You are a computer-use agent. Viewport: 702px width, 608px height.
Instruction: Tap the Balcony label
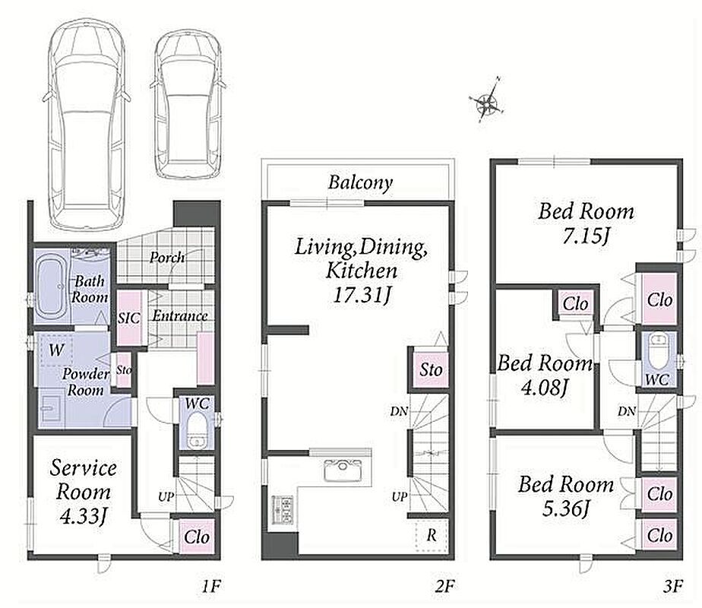(x=360, y=182)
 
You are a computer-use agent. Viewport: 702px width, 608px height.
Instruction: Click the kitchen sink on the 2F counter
(x=343, y=470)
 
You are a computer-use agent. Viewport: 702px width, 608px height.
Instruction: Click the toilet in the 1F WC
(x=196, y=430)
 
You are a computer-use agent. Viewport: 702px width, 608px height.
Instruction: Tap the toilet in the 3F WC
(x=657, y=353)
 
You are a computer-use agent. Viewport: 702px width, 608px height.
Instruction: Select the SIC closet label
(x=129, y=318)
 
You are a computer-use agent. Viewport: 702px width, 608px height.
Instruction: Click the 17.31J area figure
(x=362, y=295)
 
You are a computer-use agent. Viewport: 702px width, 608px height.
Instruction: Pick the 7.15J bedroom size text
(x=586, y=236)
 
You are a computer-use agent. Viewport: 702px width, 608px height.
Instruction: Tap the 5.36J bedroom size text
(x=566, y=508)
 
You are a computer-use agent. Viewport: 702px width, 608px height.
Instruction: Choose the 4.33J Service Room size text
(x=84, y=516)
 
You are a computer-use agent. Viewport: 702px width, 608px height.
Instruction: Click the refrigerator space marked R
(x=431, y=535)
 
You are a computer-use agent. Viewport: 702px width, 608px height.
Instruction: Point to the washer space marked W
(x=56, y=350)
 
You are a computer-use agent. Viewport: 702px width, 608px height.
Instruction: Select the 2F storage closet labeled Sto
(x=430, y=370)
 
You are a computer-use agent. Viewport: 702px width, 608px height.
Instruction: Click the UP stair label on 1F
(x=166, y=496)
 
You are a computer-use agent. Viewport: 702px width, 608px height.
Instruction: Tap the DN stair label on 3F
(x=627, y=410)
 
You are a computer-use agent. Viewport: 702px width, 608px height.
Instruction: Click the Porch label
(x=167, y=258)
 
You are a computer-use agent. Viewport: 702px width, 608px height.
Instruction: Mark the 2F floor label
(x=444, y=586)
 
